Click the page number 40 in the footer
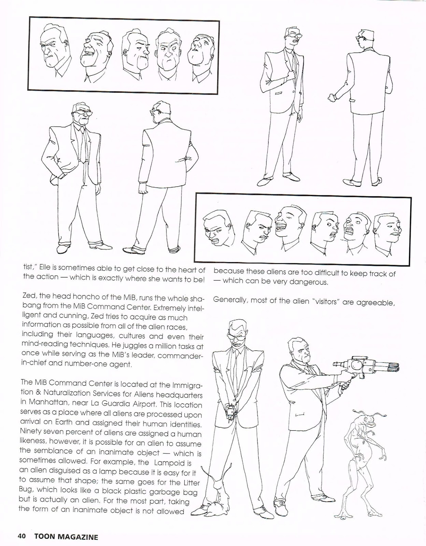click(x=22, y=536)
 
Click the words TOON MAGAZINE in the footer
click(x=66, y=537)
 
